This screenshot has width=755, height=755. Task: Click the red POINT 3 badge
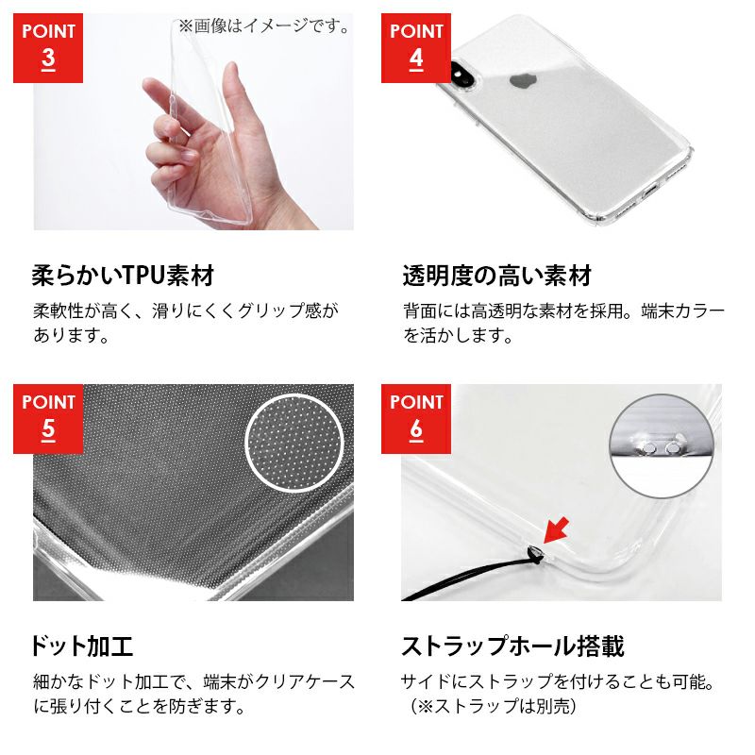tap(48, 48)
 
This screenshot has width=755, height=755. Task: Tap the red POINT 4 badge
tap(416, 48)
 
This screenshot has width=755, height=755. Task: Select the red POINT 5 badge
tap(48, 419)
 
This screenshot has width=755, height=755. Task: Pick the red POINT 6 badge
tap(416, 419)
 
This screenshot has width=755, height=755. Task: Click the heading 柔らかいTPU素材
tap(123, 276)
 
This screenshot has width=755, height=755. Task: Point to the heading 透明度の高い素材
tap(497, 276)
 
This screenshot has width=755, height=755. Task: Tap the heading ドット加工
tap(82, 646)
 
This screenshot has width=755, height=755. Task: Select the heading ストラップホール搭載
tap(513, 646)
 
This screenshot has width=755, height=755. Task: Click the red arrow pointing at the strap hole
tap(556, 530)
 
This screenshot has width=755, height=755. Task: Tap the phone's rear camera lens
tap(459, 74)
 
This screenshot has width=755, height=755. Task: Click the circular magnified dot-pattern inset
tap(294, 443)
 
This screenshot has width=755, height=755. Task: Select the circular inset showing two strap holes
tap(662, 445)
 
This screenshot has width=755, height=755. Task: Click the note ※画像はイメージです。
tap(265, 26)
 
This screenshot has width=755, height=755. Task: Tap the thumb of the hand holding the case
tap(233, 96)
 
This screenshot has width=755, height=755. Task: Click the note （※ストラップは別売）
tap(494, 706)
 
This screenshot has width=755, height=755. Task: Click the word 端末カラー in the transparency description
tap(682, 310)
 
